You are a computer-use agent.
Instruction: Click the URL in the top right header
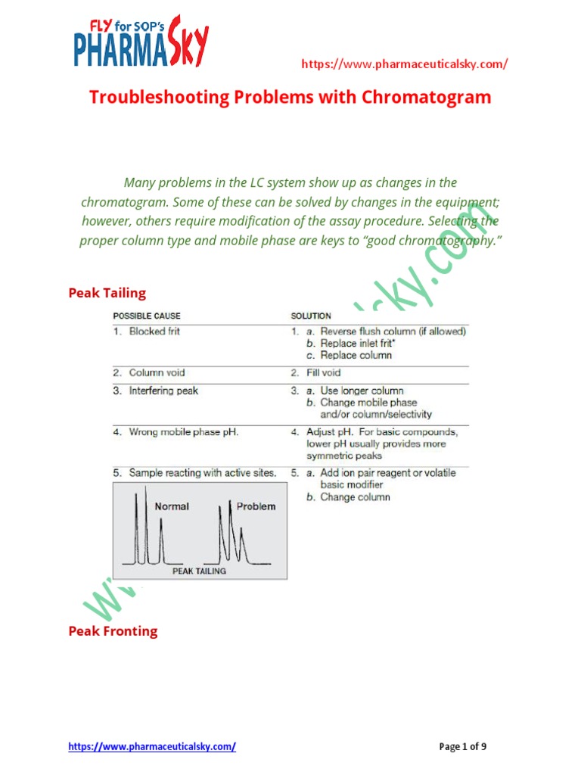click(x=404, y=64)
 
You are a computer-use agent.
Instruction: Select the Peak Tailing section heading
click(x=107, y=293)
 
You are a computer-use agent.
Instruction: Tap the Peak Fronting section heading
click(x=113, y=631)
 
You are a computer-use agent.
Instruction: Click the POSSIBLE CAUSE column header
click(x=147, y=316)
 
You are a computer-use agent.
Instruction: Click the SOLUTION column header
click(x=311, y=316)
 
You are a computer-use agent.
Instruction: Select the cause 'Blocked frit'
click(x=154, y=331)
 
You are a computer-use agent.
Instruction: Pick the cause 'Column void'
click(x=157, y=372)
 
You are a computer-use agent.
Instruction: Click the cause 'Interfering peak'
click(x=163, y=391)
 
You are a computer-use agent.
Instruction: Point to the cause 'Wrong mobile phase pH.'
click(x=184, y=432)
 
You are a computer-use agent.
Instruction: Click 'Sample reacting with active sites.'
click(x=202, y=473)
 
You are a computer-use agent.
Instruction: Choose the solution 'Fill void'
click(x=324, y=372)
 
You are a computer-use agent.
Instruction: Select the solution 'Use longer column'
click(x=362, y=391)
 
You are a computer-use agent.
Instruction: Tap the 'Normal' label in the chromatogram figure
click(x=172, y=506)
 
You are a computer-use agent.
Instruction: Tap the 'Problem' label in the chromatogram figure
click(x=256, y=506)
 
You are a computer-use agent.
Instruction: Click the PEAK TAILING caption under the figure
click(x=199, y=571)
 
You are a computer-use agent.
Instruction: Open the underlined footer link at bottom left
click(x=152, y=746)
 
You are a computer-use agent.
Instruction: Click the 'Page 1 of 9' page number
click(x=463, y=746)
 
